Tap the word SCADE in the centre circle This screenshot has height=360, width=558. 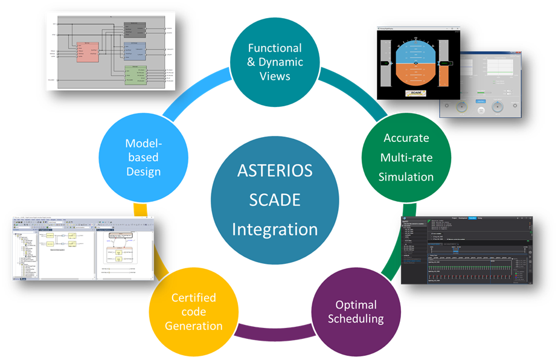click(x=274, y=199)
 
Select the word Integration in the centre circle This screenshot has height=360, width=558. click(x=274, y=230)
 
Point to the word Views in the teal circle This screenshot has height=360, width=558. click(x=275, y=76)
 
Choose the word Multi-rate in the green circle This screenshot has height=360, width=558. click(x=406, y=157)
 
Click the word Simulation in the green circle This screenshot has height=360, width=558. click(x=406, y=176)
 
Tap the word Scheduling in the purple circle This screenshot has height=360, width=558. click(x=356, y=318)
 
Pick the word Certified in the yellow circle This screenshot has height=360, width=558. click(x=193, y=298)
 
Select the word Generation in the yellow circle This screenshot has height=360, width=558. click(x=193, y=326)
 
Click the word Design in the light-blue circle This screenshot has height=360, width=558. click(x=143, y=172)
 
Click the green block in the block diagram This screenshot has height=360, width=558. click(x=136, y=76)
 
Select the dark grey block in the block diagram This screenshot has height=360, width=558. click(x=135, y=28)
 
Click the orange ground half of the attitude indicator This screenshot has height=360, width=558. click(x=416, y=76)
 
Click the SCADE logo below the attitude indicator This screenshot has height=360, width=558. click(x=416, y=92)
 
